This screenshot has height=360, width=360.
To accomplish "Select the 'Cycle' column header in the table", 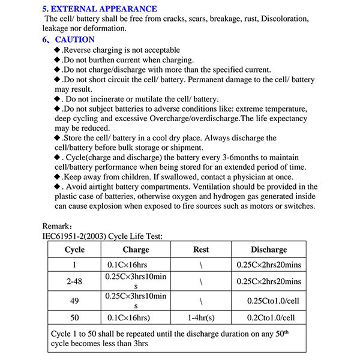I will coord(74,250).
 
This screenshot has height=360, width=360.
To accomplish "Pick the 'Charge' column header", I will coord(136,250).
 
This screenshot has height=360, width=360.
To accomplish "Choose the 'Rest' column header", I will coord(201,250).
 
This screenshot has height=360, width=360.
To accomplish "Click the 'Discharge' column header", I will coord(269,250).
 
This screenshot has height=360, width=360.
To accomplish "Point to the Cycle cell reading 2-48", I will coord(74,281).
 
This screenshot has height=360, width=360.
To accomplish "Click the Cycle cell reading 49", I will coord(74,300).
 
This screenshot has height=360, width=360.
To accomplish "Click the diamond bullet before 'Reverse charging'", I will coord(58,50).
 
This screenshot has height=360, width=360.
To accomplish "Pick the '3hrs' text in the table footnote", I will coord(139,344).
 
